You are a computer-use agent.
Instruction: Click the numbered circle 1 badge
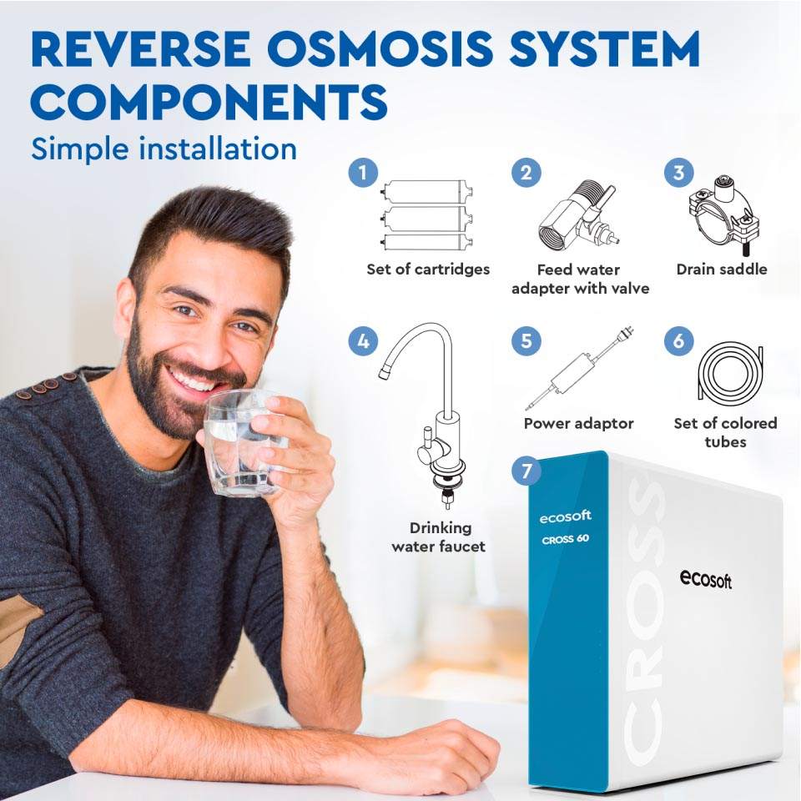[361, 173]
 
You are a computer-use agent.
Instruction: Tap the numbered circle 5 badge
[526, 341]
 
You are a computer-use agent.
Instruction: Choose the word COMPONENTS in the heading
[209, 103]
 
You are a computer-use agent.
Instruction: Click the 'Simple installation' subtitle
[164, 149]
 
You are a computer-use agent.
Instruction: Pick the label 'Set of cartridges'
[428, 270]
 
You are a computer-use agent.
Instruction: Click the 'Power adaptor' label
[578, 424]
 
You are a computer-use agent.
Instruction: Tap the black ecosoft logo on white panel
[705, 578]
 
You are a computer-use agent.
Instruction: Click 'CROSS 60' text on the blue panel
[565, 538]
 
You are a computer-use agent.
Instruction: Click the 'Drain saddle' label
[721, 270]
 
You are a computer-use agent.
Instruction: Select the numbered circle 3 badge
[678, 173]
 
